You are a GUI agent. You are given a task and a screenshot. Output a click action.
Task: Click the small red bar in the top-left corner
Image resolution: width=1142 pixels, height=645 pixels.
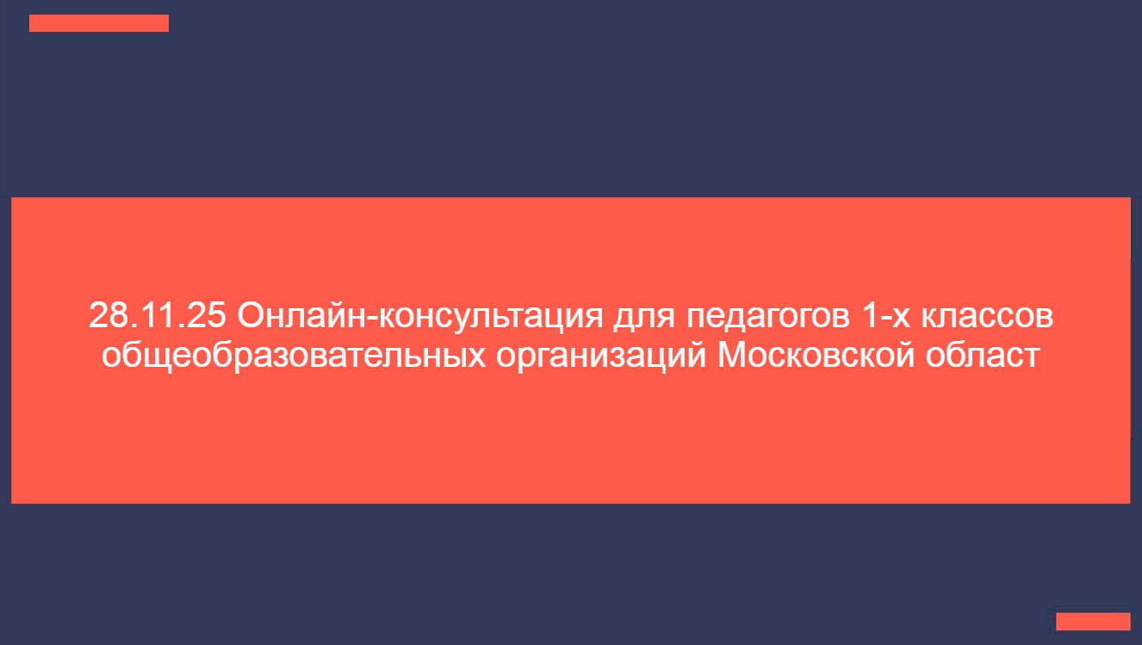click(x=99, y=23)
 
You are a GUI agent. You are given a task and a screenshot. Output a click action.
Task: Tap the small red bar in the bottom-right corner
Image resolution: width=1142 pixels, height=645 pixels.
click(x=1093, y=622)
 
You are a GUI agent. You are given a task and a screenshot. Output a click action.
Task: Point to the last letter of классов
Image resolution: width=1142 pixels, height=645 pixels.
click(x=1045, y=319)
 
